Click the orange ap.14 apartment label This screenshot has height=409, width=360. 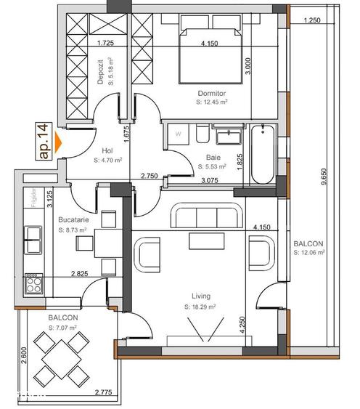coord(44,141)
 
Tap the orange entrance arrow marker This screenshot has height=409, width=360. coord(60,142)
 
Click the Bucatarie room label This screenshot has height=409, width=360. coord(73,220)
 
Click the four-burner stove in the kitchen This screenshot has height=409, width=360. coord(33,282)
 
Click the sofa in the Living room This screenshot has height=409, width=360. coord(205,218)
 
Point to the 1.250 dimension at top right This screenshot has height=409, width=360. coord(314,20)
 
